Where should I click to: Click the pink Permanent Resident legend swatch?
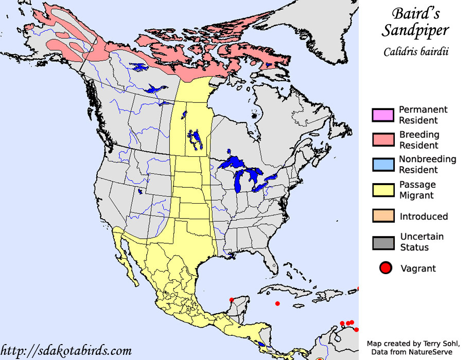(x=382, y=115)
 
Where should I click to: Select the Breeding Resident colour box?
(x=382, y=140)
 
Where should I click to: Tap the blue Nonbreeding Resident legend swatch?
(x=382, y=165)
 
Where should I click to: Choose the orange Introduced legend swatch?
(x=382, y=216)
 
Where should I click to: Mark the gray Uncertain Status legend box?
(x=382, y=242)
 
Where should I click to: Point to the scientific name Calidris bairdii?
(x=415, y=52)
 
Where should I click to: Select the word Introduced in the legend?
(x=424, y=217)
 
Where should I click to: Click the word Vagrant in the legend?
(x=418, y=268)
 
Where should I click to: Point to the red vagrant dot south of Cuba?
(x=277, y=303)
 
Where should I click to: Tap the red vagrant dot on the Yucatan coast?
(x=232, y=299)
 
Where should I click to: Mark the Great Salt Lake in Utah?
(x=139, y=193)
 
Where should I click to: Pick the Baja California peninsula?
(x=127, y=257)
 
